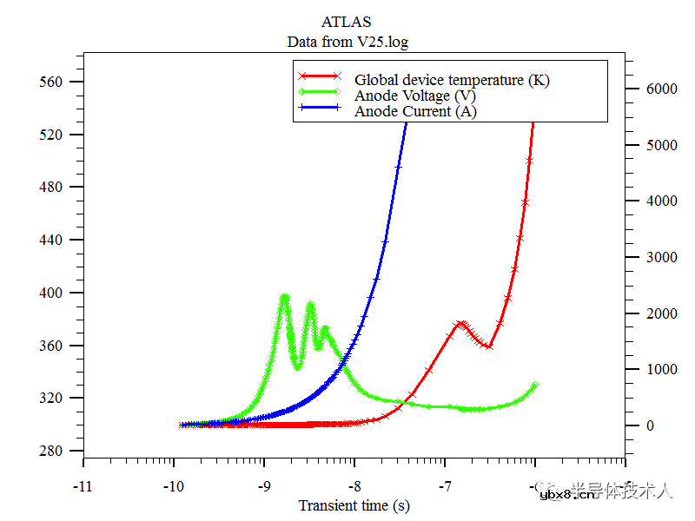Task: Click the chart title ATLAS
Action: pyautogui.click(x=346, y=22)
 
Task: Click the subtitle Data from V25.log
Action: pyautogui.click(x=347, y=41)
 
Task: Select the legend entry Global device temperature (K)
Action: pyautogui.click(x=452, y=80)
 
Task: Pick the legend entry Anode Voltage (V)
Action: pyautogui.click(x=414, y=96)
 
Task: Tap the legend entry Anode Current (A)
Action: pyautogui.click(x=415, y=111)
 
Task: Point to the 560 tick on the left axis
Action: pyautogui.click(x=53, y=82)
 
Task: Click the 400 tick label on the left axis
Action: pyautogui.click(x=53, y=293)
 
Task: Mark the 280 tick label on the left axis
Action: pyautogui.click(x=53, y=451)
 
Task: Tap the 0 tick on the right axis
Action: pyautogui.click(x=647, y=425)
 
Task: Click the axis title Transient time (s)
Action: pyautogui.click(x=354, y=505)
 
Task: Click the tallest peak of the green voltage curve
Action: pyautogui.click(x=284, y=296)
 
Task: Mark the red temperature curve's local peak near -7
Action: pyautogui.click(x=462, y=323)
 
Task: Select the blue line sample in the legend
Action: pyautogui.click(x=318, y=109)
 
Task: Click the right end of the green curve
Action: pyautogui.click(x=535, y=385)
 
